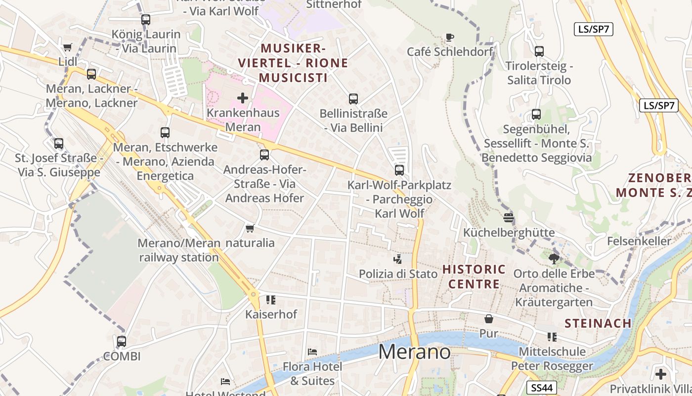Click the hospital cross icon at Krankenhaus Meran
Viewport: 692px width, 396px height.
tap(243, 98)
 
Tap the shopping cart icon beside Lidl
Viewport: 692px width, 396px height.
tap(68, 47)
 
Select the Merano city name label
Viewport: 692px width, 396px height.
tap(414, 351)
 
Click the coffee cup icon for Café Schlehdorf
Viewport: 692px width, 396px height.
tap(450, 37)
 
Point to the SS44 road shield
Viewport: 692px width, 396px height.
tap(542, 388)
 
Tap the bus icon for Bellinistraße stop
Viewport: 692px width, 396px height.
tap(353, 99)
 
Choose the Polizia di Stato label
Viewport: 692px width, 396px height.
tap(398, 274)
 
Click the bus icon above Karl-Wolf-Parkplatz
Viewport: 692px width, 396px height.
tap(399, 170)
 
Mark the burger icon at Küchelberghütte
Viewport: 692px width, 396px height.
tap(509, 217)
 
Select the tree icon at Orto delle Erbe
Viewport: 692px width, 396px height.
tap(554, 258)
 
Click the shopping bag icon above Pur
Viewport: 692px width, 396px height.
tap(489, 319)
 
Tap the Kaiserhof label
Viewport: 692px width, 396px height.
tap(271, 314)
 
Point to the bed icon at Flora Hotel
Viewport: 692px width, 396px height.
tap(312, 352)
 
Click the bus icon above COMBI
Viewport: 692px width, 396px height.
tap(122, 342)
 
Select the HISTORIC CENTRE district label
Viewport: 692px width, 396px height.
tap(474, 277)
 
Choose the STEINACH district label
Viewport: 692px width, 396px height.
tap(598, 323)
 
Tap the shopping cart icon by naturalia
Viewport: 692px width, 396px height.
tap(250, 228)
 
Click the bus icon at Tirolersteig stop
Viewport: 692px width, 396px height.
tap(539, 51)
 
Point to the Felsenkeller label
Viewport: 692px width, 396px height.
tap(639, 241)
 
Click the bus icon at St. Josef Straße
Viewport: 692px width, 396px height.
tap(59, 144)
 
